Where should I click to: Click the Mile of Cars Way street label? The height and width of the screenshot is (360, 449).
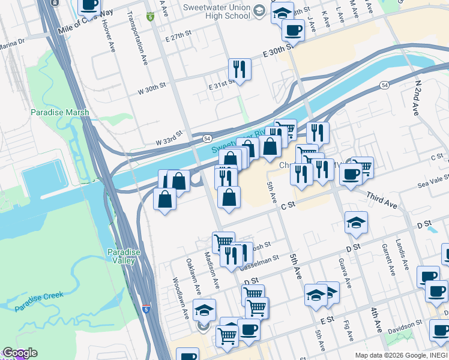(86, 22)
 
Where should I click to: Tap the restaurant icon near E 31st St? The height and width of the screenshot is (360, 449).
(240, 68)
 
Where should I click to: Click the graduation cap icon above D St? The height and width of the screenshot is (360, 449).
(356, 222)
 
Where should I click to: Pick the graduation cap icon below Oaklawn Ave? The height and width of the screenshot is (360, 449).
(204, 310)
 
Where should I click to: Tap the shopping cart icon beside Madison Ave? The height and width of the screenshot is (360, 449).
(223, 242)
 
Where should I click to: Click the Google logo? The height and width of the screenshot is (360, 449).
(19, 353)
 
